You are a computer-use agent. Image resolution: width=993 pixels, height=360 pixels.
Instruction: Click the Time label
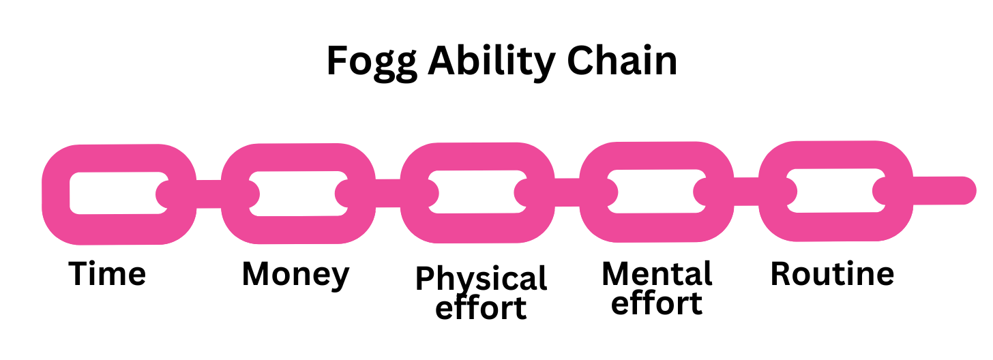click(108, 274)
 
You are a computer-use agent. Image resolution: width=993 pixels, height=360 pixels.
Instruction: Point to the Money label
click(295, 275)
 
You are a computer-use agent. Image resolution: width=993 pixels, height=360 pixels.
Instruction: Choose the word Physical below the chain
click(481, 280)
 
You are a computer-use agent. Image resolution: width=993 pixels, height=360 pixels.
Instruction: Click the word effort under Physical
click(481, 307)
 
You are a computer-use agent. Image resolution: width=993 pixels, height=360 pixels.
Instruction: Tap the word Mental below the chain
click(657, 274)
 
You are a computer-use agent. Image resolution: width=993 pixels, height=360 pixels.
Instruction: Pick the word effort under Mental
click(657, 303)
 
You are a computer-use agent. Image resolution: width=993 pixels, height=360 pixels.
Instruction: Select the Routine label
click(832, 274)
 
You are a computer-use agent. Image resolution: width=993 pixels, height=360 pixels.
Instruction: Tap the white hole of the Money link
click(297, 193)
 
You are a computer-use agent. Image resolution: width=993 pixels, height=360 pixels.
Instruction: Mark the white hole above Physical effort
click(477, 192)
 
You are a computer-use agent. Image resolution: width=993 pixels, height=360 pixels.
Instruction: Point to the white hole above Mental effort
click(655, 192)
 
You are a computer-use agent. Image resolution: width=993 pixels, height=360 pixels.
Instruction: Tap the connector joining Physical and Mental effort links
click(566, 192)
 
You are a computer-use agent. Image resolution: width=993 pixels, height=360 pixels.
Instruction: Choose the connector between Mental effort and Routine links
click(745, 191)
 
